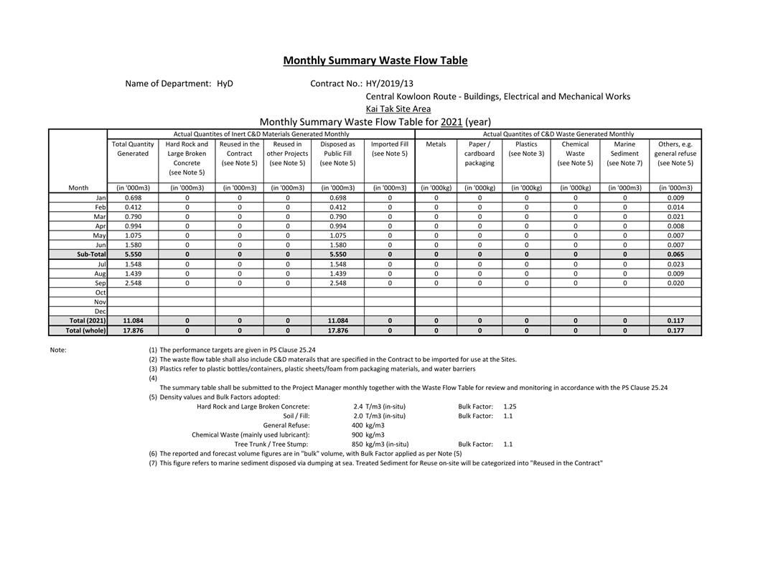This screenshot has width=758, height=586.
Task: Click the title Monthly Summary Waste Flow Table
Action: point(375,60)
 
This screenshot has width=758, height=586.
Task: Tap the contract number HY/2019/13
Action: point(389,83)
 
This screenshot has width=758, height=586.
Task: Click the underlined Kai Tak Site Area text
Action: point(398,109)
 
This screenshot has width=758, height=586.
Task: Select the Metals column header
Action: point(436,144)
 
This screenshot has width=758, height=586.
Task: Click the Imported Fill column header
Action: point(389,149)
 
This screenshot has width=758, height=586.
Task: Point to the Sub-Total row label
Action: point(91,254)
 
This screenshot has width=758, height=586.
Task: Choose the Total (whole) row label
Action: point(85,330)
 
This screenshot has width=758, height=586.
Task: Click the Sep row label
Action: point(100,283)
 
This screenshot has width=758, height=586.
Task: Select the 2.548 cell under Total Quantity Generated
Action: point(133,283)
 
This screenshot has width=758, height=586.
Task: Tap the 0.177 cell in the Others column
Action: point(675,330)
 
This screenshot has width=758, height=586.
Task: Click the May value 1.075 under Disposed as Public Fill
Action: point(337,236)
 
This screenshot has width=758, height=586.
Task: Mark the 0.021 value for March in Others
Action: point(675,216)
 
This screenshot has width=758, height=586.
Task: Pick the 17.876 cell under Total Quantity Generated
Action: point(133,330)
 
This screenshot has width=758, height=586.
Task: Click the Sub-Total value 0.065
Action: point(675,254)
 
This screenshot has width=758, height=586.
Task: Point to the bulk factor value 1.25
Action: point(510,406)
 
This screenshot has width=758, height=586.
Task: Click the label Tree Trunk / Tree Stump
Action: point(271,444)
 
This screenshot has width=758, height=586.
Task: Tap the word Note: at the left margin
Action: point(58,350)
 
